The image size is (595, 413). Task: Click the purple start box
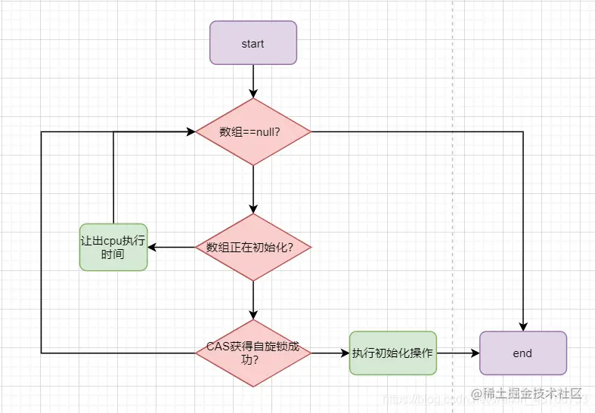click(253, 43)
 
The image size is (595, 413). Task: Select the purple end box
click(522, 353)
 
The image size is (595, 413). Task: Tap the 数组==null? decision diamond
click(253, 131)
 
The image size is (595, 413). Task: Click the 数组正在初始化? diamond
click(253, 247)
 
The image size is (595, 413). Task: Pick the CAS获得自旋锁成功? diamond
click(253, 353)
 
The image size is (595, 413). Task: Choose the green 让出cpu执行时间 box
click(113, 247)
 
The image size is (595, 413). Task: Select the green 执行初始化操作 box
click(392, 353)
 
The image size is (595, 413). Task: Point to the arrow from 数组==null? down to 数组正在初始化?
click(253, 189)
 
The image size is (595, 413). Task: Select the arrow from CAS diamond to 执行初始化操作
click(330, 353)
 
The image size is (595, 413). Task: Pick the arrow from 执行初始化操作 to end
click(457, 353)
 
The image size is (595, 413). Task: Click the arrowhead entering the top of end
click(522, 325)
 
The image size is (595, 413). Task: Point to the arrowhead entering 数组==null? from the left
click(191, 131)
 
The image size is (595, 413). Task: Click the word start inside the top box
click(253, 43)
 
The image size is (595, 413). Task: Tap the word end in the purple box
click(522, 353)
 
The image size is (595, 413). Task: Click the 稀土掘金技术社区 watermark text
click(532, 393)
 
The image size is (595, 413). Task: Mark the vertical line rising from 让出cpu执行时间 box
click(113, 177)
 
